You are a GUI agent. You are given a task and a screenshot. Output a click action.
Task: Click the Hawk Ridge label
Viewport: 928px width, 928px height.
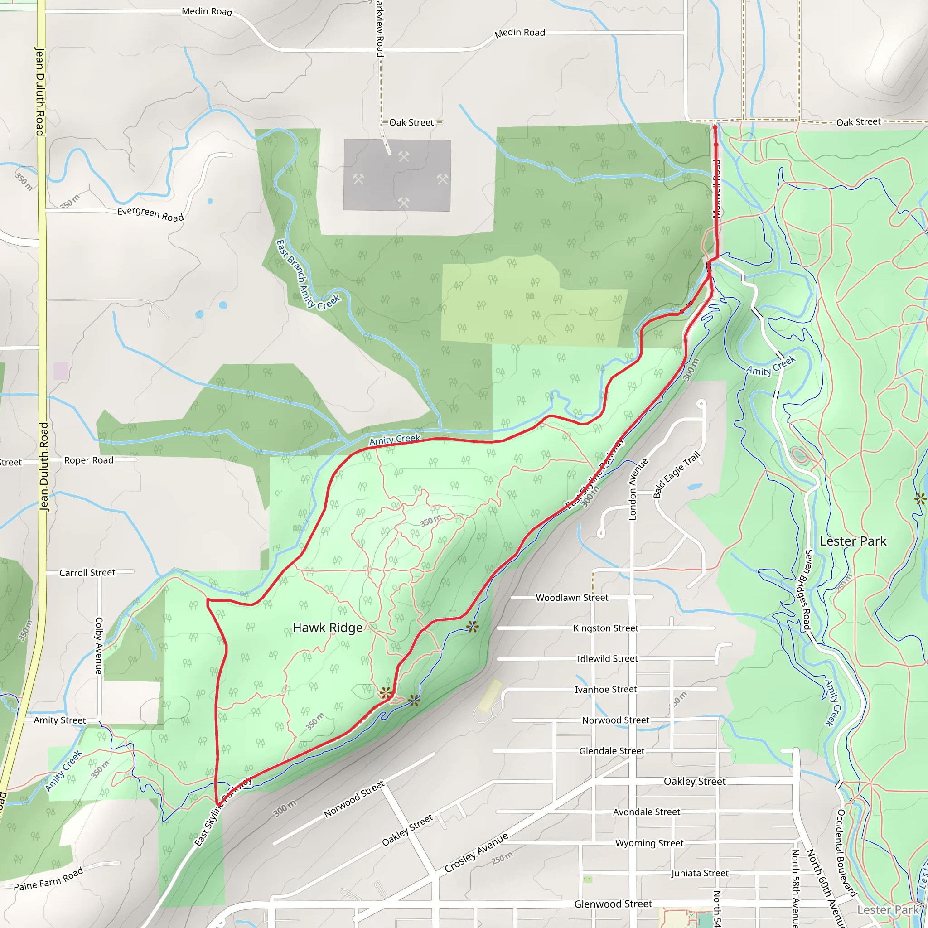pyautogui.click(x=328, y=628)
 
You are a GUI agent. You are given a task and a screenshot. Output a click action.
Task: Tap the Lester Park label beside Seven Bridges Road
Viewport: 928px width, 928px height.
pyautogui.click(x=853, y=541)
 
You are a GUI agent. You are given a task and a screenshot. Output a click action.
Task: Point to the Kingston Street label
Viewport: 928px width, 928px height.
pyautogui.click(x=605, y=628)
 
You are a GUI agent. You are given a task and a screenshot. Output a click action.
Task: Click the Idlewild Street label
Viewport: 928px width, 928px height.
pyautogui.click(x=607, y=658)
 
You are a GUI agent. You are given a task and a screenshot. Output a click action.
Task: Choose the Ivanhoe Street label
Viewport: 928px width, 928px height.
pyautogui.click(x=606, y=689)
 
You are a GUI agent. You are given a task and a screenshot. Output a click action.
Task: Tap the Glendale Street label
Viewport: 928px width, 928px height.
pyautogui.click(x=611, y=751)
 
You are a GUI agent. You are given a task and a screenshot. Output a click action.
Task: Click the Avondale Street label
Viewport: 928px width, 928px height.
pyautogui.click(x=646, y=812)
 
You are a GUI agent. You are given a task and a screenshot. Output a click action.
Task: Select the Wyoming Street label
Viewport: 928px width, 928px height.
pyautogui.click(x=649, y=843)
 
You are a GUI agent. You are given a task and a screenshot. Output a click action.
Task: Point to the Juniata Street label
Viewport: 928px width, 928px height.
pyautogui.click(x=699, y=873)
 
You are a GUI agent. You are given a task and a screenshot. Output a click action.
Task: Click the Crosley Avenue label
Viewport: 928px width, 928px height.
pyautogui.click(x=476, y=853)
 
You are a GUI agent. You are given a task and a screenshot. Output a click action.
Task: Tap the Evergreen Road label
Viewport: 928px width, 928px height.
pyautogui.click(x=150, y=214)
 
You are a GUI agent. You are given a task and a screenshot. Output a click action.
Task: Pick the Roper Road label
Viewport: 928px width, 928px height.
pyautogui.click(x=89, y=460)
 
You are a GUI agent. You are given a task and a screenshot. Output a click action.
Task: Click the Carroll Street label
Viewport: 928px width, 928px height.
pyautogui.click(x=87, y=573)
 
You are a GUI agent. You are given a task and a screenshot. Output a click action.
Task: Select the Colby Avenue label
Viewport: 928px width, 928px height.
pyautogui.click(x=99, y=646)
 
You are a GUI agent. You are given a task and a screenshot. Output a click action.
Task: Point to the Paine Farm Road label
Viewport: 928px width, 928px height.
pyautogui.click(x=48, y=879)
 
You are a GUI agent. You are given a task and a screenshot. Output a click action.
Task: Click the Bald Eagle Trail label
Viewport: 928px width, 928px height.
pyautogui.click(x=677, y=474)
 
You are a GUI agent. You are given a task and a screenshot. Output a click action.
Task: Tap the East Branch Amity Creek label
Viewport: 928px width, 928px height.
pyautogui.click(x=307, y=275)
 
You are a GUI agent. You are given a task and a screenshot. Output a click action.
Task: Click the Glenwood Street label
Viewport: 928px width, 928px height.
pyautogui.click(x=613, y=904)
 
